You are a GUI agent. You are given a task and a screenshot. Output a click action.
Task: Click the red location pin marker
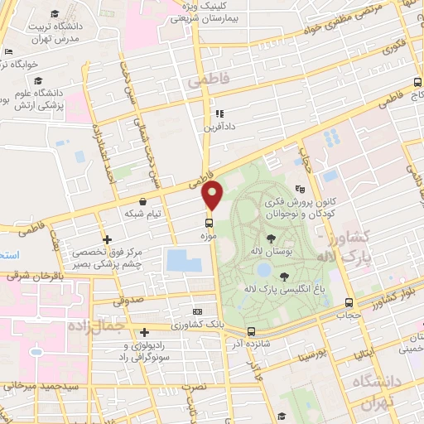point(213,195)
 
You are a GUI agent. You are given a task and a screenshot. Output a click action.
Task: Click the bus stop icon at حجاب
point(348,302)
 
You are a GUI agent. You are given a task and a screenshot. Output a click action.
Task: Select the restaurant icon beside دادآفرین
point(219,114)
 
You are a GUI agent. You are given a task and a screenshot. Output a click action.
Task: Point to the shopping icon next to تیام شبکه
point(144,200)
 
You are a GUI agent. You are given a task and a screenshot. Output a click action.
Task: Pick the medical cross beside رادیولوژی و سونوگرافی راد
point(143,330)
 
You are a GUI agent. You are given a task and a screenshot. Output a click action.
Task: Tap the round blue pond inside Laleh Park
point(263,270)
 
